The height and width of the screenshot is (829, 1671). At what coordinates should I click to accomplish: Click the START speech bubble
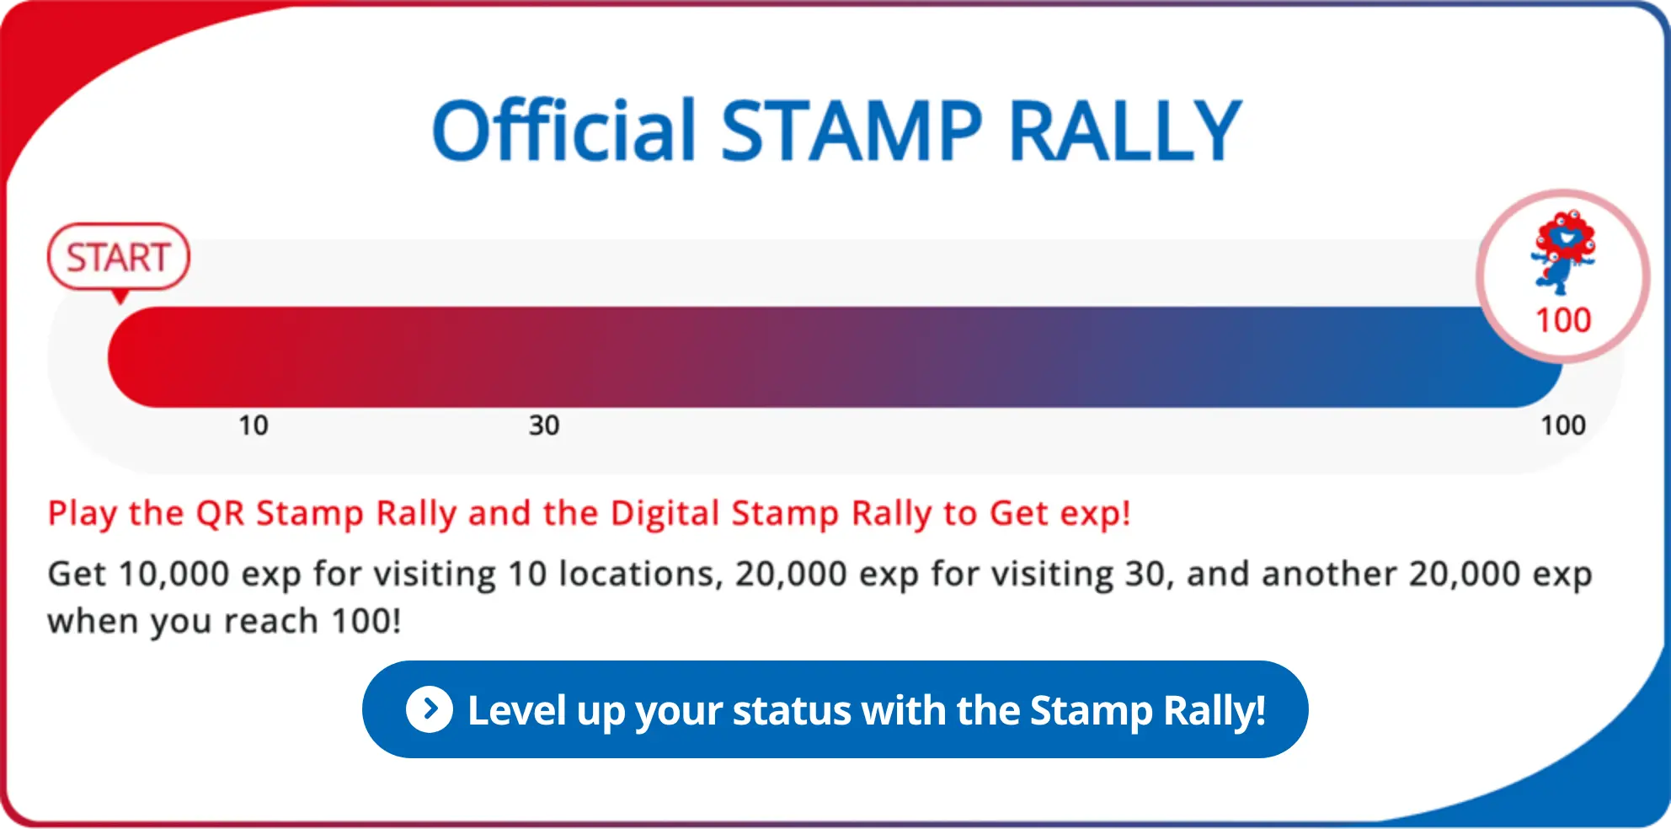click(119, 257)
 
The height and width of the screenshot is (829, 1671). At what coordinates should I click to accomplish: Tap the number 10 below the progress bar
click(253, 425)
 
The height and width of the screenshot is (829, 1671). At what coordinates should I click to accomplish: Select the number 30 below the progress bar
click(544, 425)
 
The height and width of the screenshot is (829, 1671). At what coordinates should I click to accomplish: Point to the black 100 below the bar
click(1563, 425)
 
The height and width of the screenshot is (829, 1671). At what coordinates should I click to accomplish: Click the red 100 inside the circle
click(1563, 321)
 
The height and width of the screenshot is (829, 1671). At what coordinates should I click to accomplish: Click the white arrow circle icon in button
click(430, 709)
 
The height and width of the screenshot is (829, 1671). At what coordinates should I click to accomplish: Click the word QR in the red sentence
click(220, 513)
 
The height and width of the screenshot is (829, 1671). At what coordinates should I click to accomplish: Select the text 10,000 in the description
click(174, 575)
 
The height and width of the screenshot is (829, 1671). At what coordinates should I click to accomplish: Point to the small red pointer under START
click(120, 297)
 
